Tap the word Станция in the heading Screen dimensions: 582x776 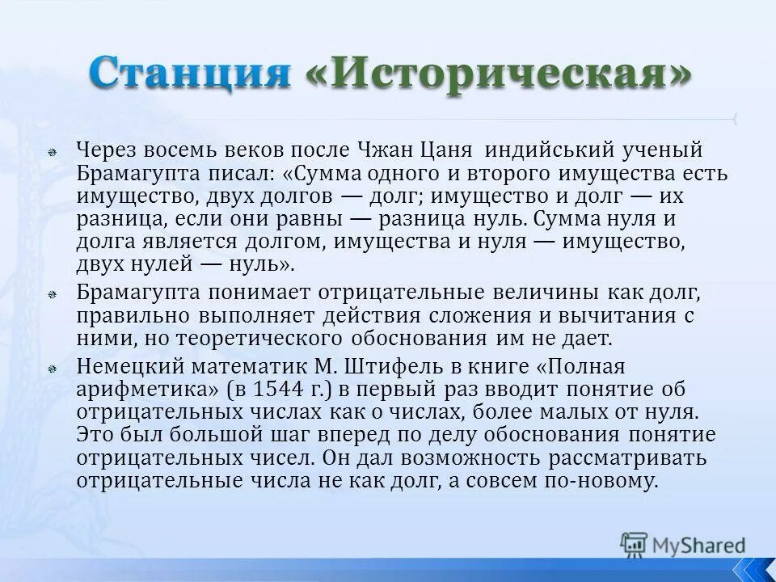(191, 73)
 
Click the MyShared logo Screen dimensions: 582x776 (683, 544)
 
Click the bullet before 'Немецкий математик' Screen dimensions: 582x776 (50, 368)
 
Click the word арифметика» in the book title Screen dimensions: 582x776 (148, 389)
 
